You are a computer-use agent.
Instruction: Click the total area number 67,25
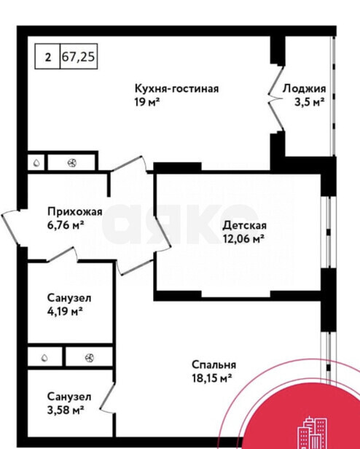pyautogui.click(x=78, y=57)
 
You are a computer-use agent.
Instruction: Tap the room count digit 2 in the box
pyautogui.click(x=48, y=58)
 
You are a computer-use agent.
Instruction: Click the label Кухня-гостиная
pyautogui.click(x=176, y=88)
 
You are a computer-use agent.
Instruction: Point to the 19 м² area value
pyautogui.click(x=147, y=101)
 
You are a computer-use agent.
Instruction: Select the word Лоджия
pyautogui.click(x=304, y=89)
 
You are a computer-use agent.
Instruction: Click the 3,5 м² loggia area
pyautogui.click(x=310, y=102)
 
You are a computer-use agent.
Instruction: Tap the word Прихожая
pyautogui.click(x=75, y=212)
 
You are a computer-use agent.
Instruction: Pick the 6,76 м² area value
pyautogui.click(x=66, y=225)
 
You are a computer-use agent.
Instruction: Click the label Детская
pyautogui.click(x=245, y=225)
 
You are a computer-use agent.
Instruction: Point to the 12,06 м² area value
pyautogui.click(x=243, y=238)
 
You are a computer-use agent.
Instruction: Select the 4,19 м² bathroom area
pyautogui.click(x=65, y=311)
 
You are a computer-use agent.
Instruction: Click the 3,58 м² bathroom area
pyautogui.click(x=66, y=410)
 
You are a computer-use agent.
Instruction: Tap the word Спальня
pyautogui.click(x=214, y=365)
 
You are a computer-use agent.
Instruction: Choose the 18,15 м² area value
pyautogui.click(x=211, y=378)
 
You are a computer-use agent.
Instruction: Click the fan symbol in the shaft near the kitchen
pyautogui.click(x=71, y=163)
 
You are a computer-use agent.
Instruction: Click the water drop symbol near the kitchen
pyautogui.click(x=36, y=163)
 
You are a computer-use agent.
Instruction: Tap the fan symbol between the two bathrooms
pyautogui.click(x=90, y=357)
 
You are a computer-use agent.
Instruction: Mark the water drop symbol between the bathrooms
pyautogui.click(x=44, y=357)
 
